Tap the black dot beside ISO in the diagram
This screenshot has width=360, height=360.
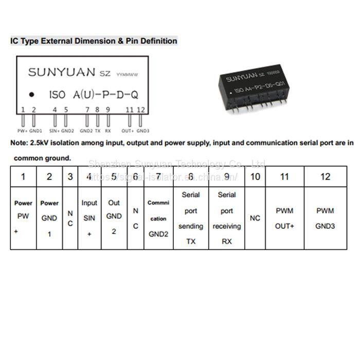31,95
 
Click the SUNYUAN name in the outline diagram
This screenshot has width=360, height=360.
61,72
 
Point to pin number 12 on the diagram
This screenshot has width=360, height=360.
141,109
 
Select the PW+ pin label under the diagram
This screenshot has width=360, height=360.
23,131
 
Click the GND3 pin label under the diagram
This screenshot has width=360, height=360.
143,131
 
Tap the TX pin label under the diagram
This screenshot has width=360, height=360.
98,131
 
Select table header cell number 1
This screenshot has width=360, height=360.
23,176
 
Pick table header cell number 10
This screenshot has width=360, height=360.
255,176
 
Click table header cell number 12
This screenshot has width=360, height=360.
325,176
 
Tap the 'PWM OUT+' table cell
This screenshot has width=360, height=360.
284,219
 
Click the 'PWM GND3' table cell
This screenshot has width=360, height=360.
325,219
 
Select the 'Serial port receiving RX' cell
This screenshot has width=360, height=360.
227,218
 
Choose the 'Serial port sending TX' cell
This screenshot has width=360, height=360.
191,218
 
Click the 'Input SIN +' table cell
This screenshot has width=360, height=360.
89,218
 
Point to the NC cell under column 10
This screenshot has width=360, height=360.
255,218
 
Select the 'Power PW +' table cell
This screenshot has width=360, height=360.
23,218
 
